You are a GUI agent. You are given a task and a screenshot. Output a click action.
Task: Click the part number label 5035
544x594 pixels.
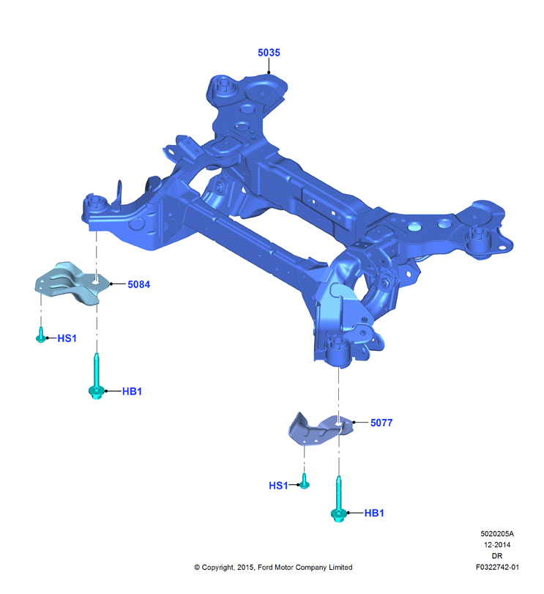[x=269, y=53]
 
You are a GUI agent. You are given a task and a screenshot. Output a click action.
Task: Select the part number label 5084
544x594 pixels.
[x=138, y=284]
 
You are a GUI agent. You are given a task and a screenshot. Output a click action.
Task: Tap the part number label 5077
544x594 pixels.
[x=381, y=423]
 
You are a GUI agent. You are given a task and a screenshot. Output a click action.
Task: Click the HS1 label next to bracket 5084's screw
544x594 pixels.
[x=67, y=338]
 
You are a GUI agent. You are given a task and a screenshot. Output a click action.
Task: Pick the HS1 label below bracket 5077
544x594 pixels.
[x=278, y=486]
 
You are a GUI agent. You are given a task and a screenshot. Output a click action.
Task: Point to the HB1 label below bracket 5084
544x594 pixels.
[x=132, y=391]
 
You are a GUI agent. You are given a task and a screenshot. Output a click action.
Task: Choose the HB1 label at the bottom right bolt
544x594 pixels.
[x=374, y=513]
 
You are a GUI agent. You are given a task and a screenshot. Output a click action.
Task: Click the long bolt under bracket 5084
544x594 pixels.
[x=97, y=376]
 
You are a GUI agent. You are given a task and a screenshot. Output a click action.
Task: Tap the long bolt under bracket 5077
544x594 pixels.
[x=338, y=499]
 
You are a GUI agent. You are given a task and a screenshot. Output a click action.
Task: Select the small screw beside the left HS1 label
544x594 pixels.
[x=40, y=335]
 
